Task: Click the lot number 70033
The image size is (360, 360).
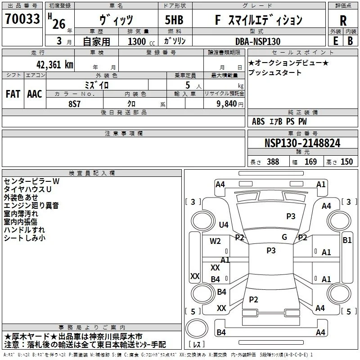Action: (22, 18)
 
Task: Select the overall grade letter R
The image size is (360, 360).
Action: (343, 21)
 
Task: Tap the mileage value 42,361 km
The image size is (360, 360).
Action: (55, 65)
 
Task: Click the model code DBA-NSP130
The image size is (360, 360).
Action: (258, 41)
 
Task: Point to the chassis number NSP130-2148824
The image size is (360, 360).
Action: (302, 143)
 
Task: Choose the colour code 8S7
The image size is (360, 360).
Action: (75, 104)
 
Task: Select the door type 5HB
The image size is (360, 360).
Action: (174, 20)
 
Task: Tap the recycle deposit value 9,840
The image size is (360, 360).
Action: (227, 104)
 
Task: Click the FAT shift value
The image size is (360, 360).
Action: (13, 94)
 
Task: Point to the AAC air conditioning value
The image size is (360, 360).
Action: (35, 94)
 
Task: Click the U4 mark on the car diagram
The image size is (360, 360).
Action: (224, 225)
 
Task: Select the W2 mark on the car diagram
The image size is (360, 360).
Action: (215, 241)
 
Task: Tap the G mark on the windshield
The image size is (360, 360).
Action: (284, 237)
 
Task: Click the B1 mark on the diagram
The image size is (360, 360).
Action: (347, 240)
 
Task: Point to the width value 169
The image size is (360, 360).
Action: (310, 162)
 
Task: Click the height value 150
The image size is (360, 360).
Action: (346, 162)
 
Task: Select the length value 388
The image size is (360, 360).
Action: (273, 162)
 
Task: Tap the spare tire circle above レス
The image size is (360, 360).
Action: (197, 328)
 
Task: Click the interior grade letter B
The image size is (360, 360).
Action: (350, 41)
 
